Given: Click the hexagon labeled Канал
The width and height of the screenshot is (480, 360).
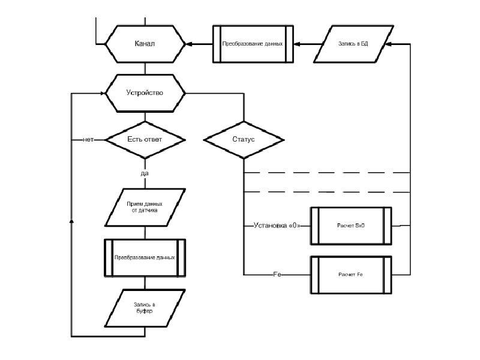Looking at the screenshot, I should pos(145,44).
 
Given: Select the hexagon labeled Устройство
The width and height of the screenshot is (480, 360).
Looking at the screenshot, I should pos(145,93).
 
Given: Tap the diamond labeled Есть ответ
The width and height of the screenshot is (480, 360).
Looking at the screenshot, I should pos(145,139).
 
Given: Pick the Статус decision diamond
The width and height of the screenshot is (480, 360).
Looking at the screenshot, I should pos(244,139).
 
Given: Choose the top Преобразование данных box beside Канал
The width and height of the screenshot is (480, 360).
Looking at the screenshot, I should pos(253,44).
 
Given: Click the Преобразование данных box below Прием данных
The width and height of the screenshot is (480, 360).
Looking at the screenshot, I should pos(145,257).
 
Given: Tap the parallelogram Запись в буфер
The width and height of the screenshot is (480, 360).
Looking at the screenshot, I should pos(144,308).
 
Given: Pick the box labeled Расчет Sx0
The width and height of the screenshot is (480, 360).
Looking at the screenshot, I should pos(351,226).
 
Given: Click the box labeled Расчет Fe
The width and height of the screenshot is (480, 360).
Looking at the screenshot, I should pos(351,274).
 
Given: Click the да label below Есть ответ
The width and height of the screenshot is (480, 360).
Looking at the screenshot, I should pos(145,173).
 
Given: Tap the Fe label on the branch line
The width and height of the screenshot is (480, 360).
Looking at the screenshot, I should pos(277,274).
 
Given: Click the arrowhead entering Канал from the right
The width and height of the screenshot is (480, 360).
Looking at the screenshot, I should pos(189,44).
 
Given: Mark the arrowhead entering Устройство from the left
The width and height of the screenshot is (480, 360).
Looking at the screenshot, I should pos(103,93).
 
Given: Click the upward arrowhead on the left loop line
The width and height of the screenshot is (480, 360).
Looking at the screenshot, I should pos(72,221).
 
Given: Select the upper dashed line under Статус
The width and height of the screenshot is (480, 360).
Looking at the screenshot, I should pos(327,173).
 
